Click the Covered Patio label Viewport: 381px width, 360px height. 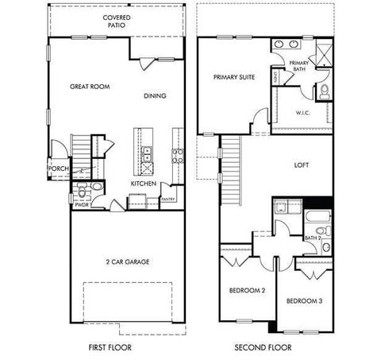click(x=117, y=21)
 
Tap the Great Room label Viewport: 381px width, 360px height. click(x=89, y=86)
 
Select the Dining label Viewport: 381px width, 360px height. click(x=155, y=96)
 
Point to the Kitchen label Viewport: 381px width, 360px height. click(x=143, y=184)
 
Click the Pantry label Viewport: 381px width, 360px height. click(x=168, y=199)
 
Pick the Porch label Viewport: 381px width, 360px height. click(x=58, y=168)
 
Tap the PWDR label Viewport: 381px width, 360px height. click(x=82, y=204)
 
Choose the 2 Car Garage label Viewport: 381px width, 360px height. click(x=127, y=261)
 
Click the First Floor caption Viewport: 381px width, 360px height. click(x=110, y=347)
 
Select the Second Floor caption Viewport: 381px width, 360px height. click(x=263, y=347)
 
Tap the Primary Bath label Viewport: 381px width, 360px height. click(x=298, y=66)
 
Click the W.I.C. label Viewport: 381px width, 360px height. click(x=303, y=112)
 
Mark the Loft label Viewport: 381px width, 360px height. click(x=301, y=166)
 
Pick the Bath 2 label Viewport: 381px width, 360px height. click(x=312, y=238)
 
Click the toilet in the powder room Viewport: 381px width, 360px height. click(x=96, y=188)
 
